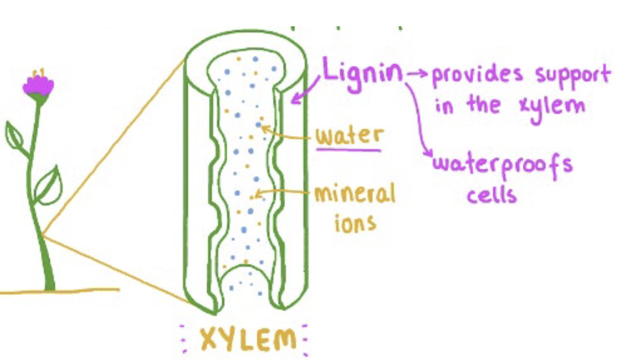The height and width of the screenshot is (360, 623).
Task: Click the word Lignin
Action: point(362,74)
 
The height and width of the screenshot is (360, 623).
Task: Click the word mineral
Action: point(354,194)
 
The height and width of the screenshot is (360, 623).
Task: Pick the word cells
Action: point(491,194)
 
